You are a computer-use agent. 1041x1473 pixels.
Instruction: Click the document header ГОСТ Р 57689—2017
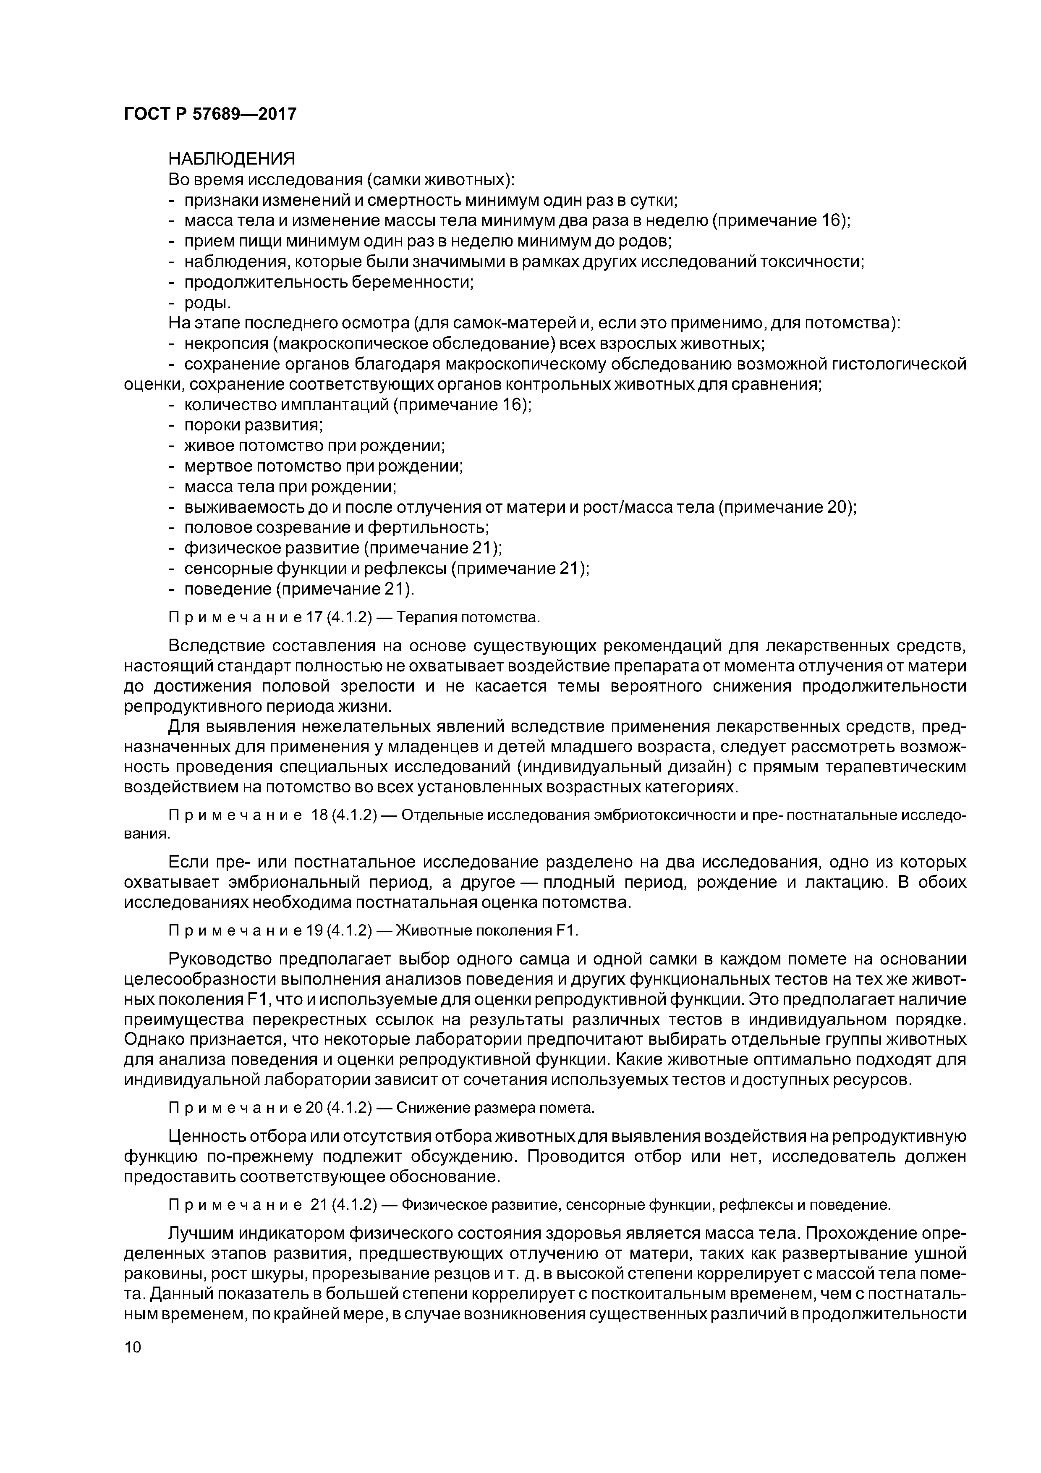click(210, 114)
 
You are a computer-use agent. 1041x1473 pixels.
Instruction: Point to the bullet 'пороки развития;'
click(254, 425)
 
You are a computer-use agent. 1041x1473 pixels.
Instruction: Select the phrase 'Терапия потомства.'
click(468, 617)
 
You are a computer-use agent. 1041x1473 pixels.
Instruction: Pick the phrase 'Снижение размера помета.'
click(495, 1108)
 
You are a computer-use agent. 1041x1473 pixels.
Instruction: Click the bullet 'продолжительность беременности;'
click(328, 282)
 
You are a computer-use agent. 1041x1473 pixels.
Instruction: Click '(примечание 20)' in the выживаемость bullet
click(786, 507)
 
